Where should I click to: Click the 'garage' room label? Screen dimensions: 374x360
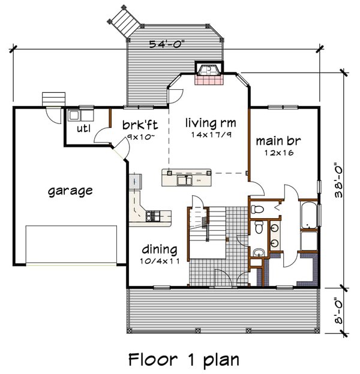70,191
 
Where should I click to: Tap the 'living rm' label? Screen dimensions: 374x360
209,122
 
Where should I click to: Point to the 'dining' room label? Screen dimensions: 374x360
159,249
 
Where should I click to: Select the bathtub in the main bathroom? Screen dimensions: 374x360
308,216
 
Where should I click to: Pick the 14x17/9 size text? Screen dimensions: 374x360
209,134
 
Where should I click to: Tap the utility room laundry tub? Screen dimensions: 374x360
74,115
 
